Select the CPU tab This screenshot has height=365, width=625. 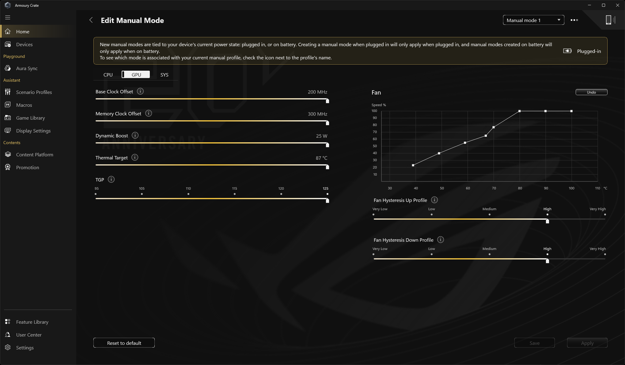108,75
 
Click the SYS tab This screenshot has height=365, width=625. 164,75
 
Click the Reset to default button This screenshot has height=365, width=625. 124,343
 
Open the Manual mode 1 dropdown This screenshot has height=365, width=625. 533,20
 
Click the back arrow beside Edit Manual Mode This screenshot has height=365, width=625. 91,20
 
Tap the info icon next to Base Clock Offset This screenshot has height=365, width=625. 140,91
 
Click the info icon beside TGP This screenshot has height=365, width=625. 111,180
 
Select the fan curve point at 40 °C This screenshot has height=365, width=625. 413,165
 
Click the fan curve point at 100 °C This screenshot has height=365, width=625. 571,111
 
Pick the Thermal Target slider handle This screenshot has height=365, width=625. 328,167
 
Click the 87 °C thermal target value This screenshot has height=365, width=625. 321,158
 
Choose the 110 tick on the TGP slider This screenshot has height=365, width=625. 188,194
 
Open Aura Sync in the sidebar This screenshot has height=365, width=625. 27,68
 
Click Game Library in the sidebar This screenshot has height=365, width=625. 31,118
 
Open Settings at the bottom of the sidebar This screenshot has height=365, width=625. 25,348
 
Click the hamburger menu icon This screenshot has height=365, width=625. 8,17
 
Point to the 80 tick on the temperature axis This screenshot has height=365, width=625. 520,188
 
